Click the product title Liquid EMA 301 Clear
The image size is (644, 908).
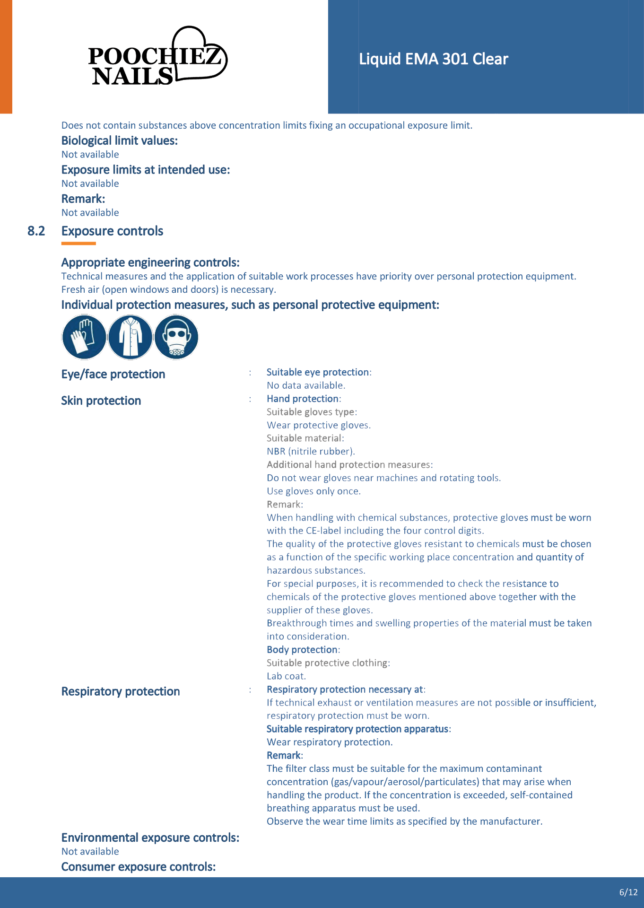pos(433,59)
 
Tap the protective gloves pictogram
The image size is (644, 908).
pos(84,337)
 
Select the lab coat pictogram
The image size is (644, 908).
pos(130,337)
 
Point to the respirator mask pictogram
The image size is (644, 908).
pos(176,337)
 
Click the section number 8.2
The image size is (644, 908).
pos(36,231)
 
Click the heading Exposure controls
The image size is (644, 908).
pos(112,231)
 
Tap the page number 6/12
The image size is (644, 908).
pos(628,892)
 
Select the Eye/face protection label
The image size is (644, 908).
pos(113,375)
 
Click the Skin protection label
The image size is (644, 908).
pos(101,401)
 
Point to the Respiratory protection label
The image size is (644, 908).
pos(121,692)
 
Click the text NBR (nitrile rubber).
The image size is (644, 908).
pos(311,452)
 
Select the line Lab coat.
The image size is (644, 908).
pos(286,676)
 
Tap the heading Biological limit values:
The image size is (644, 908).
pos(119,141)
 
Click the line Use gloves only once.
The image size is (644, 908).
pos(313,491)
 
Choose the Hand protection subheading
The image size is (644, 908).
pos(303,399)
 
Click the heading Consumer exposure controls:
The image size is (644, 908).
pos(139,867)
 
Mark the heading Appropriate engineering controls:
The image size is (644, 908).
pos(150,263)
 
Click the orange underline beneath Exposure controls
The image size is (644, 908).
pos(78,244)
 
